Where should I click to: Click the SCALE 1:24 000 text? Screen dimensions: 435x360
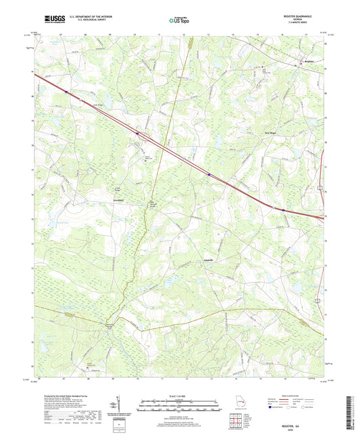(179, 396)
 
